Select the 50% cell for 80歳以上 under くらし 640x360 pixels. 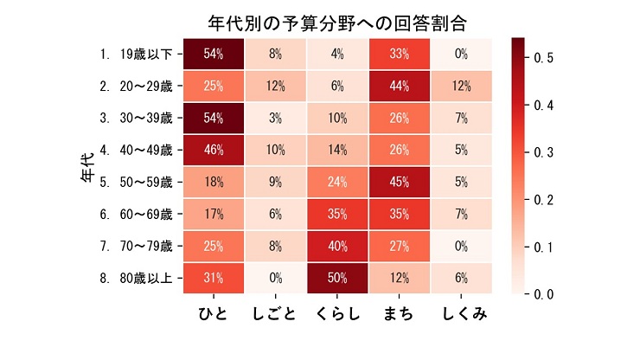tap(337, 278)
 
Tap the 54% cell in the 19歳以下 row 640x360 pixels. tap(214, 54)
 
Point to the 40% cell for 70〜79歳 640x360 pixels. tap(337, 246)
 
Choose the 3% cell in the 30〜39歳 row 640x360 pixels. tap(276, 118)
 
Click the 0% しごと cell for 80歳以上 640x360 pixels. tap(276, 278)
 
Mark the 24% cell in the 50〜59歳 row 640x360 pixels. tap(337, 182)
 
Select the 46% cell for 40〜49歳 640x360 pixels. tap(214, 150)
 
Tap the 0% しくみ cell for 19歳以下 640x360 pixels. tap(462, 54)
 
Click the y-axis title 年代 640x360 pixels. tap(87, 166)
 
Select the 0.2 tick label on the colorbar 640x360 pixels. tap(544, 200)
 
